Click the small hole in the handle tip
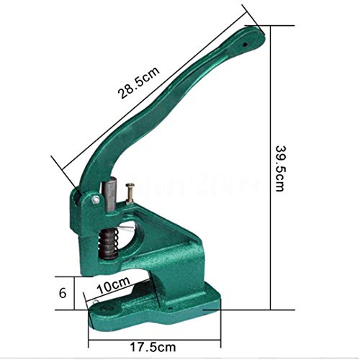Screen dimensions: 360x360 248,42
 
